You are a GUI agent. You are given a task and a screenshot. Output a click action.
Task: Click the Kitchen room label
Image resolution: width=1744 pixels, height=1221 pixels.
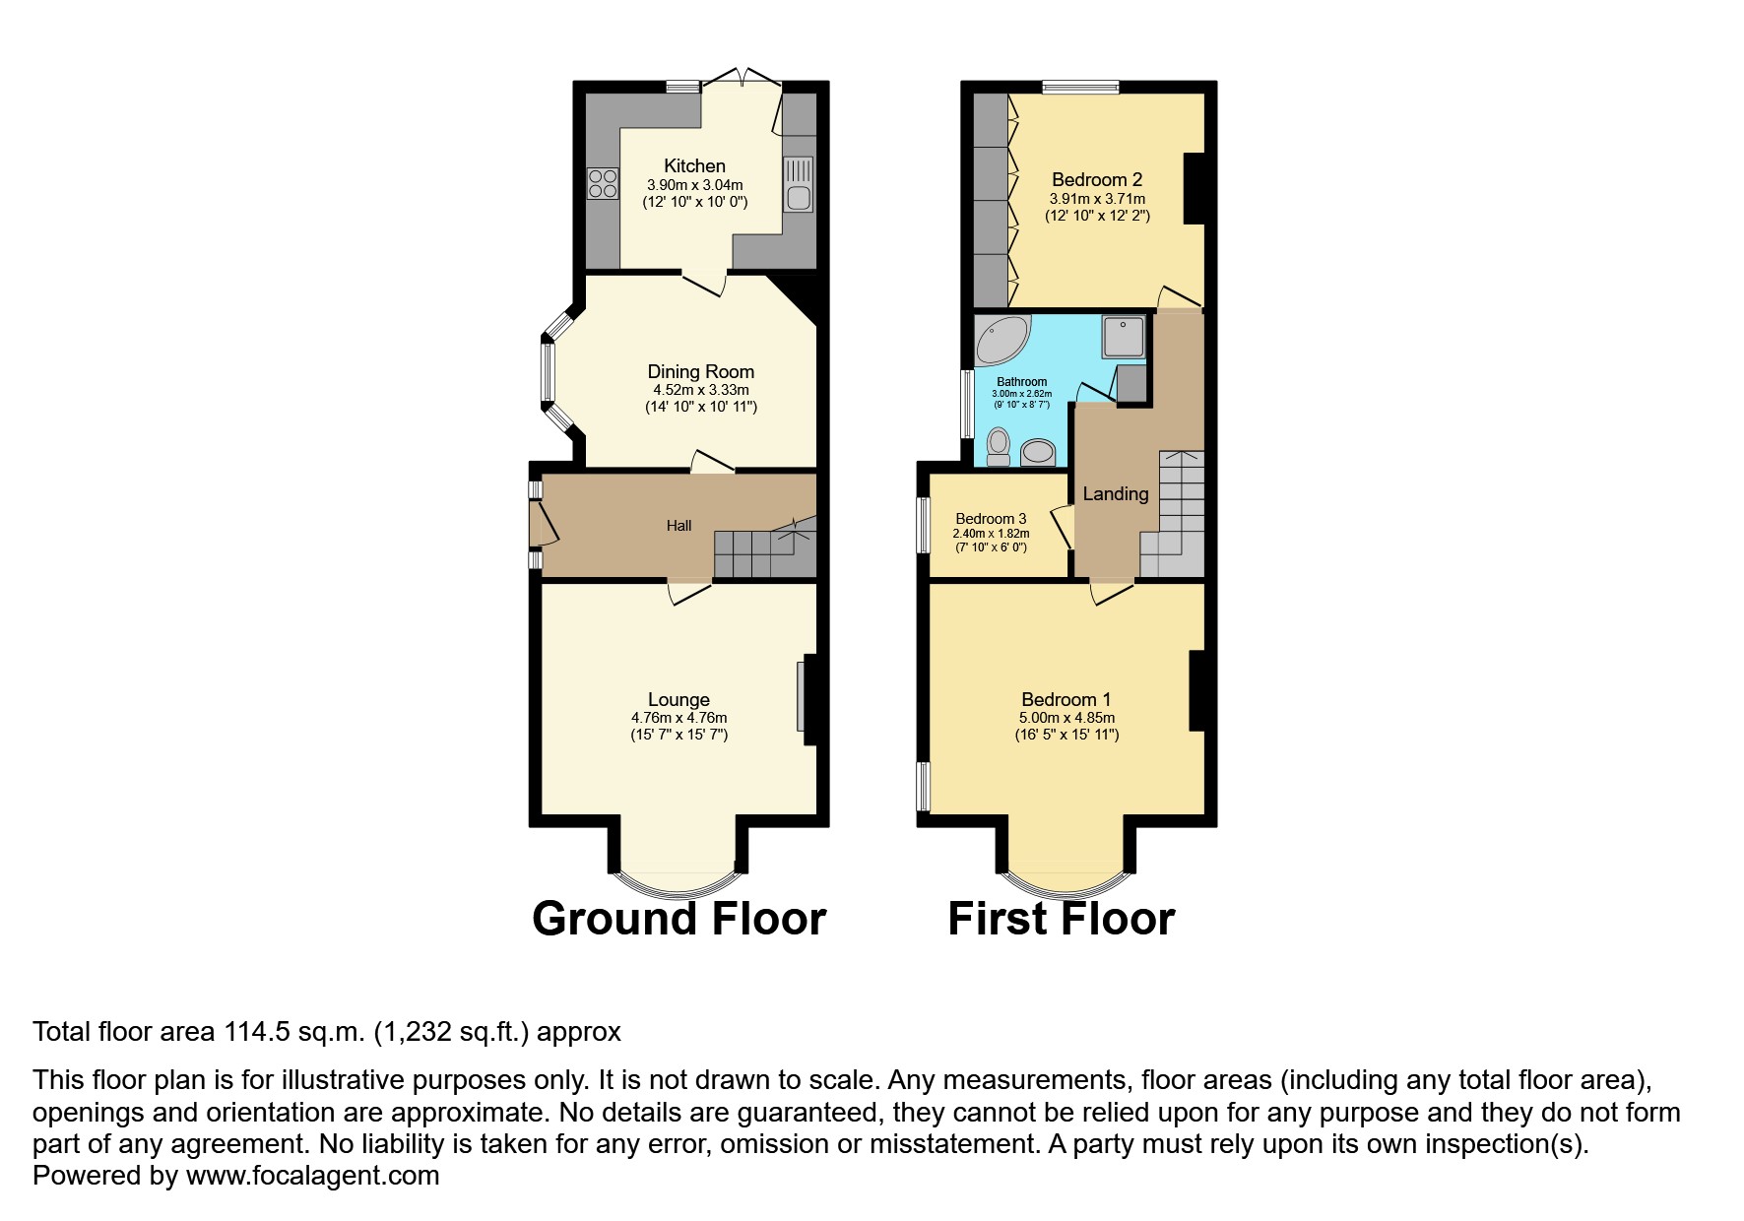pyautogui.click(x=694, y=166)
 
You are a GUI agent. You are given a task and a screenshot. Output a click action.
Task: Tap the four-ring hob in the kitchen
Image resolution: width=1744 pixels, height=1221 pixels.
pyautogui.click(x=603, y=184)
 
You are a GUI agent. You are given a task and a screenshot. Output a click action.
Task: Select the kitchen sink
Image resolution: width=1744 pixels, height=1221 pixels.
pyautogui.click(x=799, y=184)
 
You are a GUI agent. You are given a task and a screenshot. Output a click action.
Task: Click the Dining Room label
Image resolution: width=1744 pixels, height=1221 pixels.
pyautogui.click(x=701, y=372)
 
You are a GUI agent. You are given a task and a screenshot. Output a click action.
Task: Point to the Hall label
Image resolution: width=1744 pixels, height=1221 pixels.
pyautogui.click(x=678, y=526)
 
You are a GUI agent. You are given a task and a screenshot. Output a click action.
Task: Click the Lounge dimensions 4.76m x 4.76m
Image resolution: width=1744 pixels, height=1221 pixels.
pyautogui.click(x=679, y=718)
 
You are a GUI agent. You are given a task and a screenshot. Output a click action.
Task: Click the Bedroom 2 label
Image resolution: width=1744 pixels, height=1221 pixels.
pyautogui.click(x=1097, y=180)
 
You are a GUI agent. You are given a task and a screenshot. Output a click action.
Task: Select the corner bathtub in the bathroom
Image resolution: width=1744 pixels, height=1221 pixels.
pyautogui.click(x=1001, y=340)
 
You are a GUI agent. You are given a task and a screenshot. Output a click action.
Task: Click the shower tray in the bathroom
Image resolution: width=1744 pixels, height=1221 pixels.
pyautogui.click(x=1124, y=337)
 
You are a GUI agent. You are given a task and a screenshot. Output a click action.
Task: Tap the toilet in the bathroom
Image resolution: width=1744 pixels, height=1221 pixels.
pyautogui.click(x=999, y=447)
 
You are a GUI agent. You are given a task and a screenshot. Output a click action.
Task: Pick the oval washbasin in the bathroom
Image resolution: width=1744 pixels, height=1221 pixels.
pyautogui.click(x=1037, y=452)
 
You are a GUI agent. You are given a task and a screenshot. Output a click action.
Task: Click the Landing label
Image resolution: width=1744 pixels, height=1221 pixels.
pyautogui.click(x=1116, y=494)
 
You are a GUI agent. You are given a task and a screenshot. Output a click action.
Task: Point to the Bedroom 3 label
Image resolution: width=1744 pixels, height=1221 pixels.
pyautogui.click(x=991, y=519)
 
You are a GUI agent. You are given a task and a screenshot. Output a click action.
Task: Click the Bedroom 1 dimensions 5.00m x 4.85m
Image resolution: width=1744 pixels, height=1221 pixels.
pyautogui.click(x=1067, y=718)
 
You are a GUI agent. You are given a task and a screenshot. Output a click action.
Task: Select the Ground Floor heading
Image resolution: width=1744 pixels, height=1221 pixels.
pyautogui.click(x=679, y=919)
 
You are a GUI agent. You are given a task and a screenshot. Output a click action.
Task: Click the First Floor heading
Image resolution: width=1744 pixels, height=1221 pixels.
pyautogui.click(x=1062, y=919)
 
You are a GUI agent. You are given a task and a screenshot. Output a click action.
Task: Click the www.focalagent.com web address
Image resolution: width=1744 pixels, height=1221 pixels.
pyautogui.click(x=313, y=1176)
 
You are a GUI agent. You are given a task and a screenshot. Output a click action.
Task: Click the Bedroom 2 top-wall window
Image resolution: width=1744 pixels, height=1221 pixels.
pyautogui.click(x=1081, y=87)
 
